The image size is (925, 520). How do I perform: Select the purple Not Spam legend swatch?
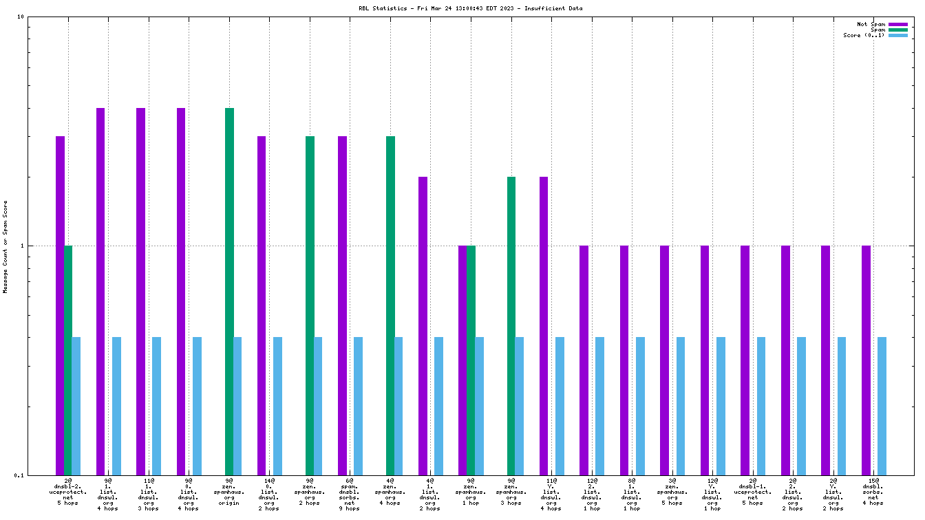coord(898,24)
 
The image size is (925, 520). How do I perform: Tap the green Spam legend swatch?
coord(898,30)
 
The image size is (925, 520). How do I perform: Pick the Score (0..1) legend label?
coord(864,35)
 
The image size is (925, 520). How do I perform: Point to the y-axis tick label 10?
coord(20,17)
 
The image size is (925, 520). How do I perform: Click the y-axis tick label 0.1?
coord(19,475)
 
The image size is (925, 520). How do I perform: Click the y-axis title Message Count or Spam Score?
coord(6,246)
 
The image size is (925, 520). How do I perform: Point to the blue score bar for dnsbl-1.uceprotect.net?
coord(761,406)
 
